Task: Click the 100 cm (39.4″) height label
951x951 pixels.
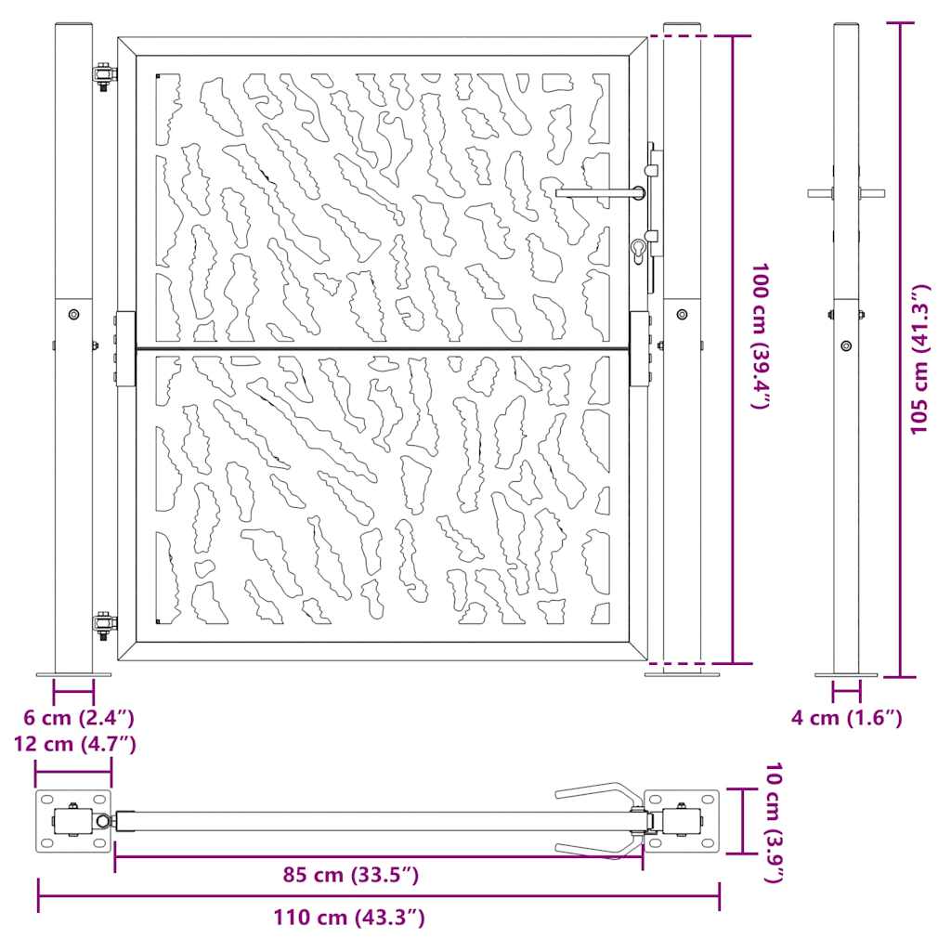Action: point(761,335)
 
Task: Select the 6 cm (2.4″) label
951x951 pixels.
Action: point(79,718)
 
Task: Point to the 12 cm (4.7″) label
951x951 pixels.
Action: point(75,744)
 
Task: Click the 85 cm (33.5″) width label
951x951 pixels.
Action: point(350,875)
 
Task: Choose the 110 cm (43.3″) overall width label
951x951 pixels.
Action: point(349,917)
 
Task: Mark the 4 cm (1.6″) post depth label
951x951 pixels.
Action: point(847,718)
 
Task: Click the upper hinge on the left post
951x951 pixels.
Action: point(104,76)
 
